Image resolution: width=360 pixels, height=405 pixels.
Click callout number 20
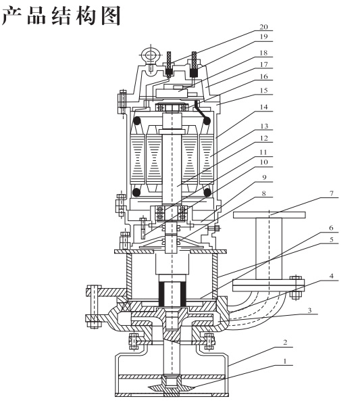[263, 27]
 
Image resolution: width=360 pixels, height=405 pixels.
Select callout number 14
[263, 107]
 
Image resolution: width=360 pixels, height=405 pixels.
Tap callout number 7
[332, 193]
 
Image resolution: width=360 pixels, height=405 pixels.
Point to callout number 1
[285, 361]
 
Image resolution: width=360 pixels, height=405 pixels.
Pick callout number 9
[263, 177]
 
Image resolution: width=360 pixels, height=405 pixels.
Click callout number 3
[309, 310]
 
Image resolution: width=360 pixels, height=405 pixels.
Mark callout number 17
[263, 64]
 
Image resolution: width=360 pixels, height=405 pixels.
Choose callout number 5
[332, 239]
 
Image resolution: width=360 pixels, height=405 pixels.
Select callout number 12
[263, 138]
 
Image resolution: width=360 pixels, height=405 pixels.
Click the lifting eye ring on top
[149, 55]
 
